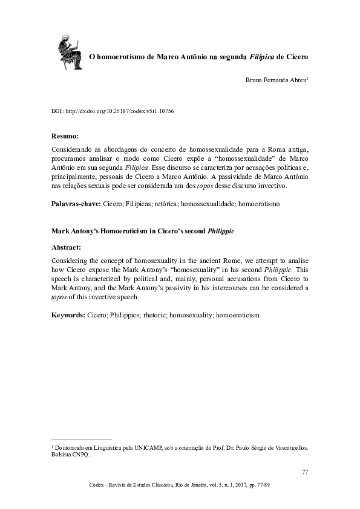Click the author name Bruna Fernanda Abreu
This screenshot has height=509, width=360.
(275, 80)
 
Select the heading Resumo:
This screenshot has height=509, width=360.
(65, 137)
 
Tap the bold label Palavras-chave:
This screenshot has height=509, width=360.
(76, 205)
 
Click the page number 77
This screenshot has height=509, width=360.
(304, 471)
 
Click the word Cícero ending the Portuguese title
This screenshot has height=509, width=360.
(296, 57)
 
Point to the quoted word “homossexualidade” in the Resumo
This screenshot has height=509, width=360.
(243, 159)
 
